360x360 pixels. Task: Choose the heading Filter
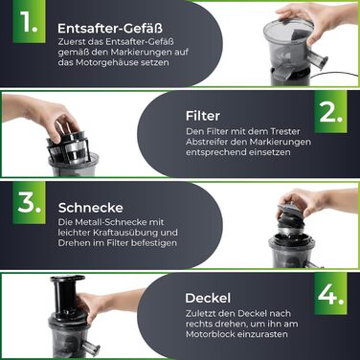[x=203, y=115]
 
